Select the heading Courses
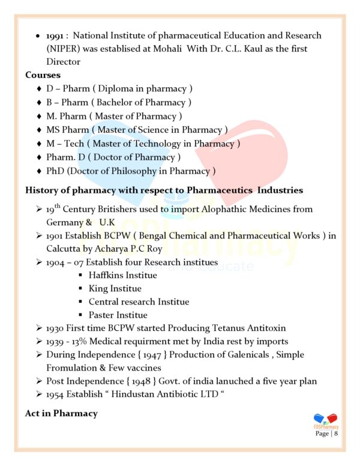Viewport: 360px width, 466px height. pyautogui.click(x=43, y=75)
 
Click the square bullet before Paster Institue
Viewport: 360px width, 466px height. pyautogui.click(x=80, y=315)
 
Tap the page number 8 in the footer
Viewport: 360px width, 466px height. pyautogui.click(x=336, y=433)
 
